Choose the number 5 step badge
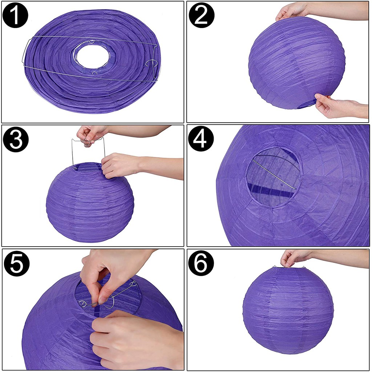pyautogui.click(x=17, y=264)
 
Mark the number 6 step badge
pyautogui.click(x=201, y=263)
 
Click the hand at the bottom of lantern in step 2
pyautogui.click(x=337, y=106)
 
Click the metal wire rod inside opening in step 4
pyautogui.click(x=274, y=174)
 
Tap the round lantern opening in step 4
pyautogui.click(x=273, y=177)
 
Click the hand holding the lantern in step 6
pyautogui.click(x=294, y=258)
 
